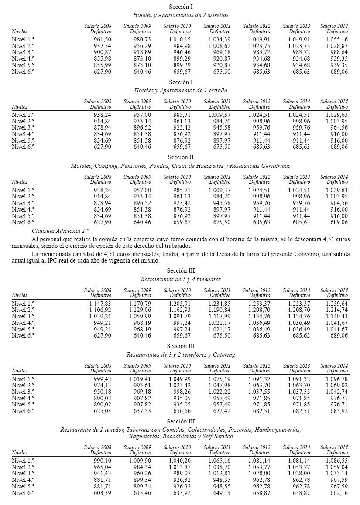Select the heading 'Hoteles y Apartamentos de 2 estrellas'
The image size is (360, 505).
tap(181, 15)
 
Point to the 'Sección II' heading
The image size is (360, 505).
tap(181, 157)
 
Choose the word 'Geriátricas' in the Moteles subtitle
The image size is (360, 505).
tap(274, 166)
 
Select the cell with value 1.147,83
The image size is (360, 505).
tap(100, 304)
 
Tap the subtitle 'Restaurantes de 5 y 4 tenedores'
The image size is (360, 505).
tap(181, 279)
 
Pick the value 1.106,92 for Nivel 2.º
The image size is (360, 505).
tap(100, 310)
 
